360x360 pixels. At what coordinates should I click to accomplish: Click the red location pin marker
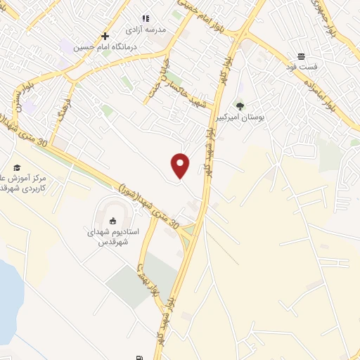(x=181, y=166)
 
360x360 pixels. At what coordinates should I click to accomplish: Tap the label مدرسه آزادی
(x=145, y=30)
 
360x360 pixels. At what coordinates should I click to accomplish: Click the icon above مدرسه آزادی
(x=146, y=18)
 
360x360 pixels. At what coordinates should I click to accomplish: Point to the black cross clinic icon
(x=105, y=36)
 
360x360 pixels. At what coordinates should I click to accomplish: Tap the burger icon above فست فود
(x=301, y=56)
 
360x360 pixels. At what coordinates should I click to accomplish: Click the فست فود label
(x=301, y=68)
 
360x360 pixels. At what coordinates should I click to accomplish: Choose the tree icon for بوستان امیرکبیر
(x=240, y=106)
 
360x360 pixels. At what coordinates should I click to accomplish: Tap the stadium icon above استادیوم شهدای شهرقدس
(x=114, y=220)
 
